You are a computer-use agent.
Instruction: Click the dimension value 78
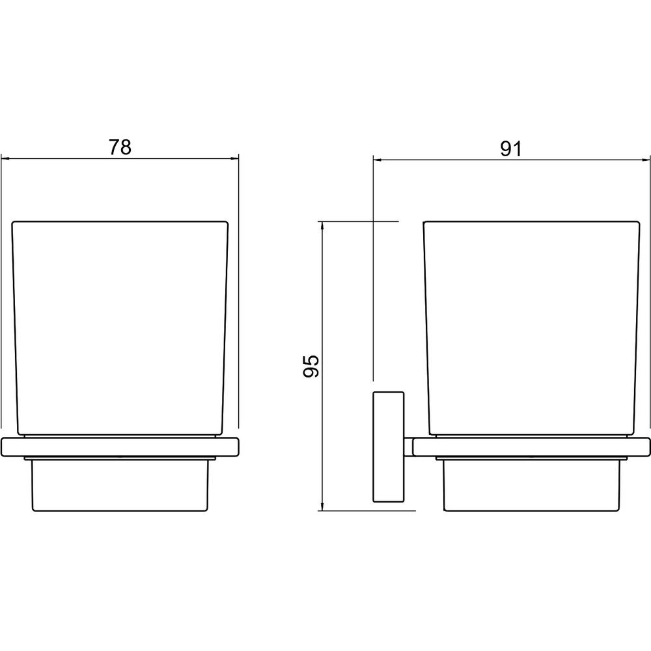point(120,147)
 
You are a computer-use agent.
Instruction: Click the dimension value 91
point(510,148)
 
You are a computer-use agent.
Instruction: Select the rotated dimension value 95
point(311,366)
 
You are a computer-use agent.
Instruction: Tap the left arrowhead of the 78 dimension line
point(5,158)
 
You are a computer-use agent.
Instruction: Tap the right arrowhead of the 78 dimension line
point(235,158)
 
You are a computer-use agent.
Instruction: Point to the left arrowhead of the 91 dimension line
point(377,159)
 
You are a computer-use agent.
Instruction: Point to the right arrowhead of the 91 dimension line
point(646,159)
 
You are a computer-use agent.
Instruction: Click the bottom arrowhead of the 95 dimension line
point(322,506)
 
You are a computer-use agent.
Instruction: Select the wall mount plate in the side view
point(389,447)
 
